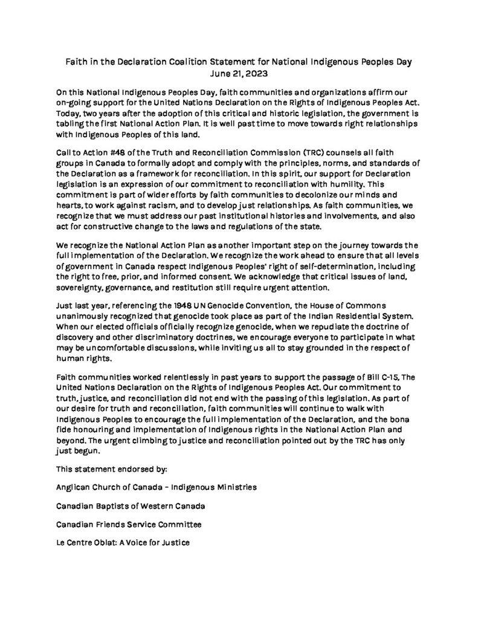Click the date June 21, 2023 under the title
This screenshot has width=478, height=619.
pos(239,73)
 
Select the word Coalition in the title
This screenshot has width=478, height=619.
pos(199,62)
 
